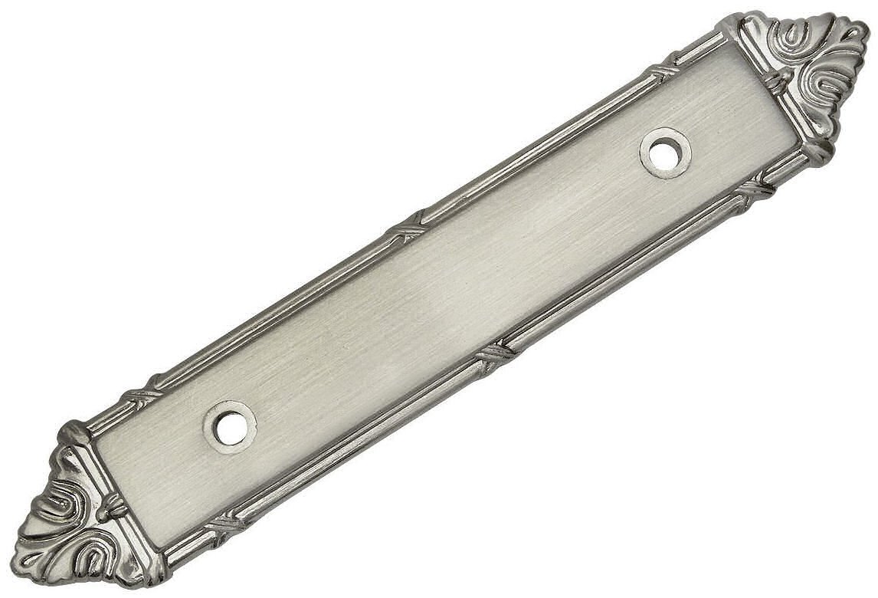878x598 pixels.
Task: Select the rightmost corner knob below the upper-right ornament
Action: (820, 150)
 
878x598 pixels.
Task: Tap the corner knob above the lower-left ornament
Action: (75, 434)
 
